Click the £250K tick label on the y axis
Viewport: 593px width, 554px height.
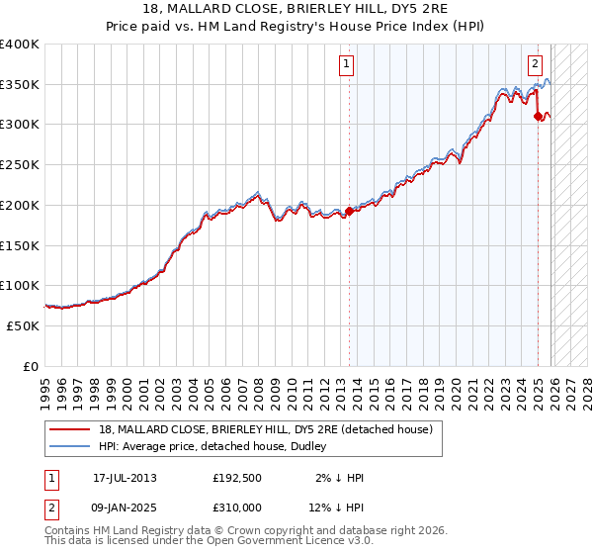[20, 165]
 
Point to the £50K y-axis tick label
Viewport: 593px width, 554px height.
[23, 325]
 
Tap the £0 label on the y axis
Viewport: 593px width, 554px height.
[31, 366]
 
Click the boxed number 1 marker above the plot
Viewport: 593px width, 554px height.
[348, 65]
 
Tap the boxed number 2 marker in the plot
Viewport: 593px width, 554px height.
[535, 65]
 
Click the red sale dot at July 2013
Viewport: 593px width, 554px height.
[349, 211]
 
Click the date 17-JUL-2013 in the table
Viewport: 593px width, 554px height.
[125, 478]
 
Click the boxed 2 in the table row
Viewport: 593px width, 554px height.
[52, 508]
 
